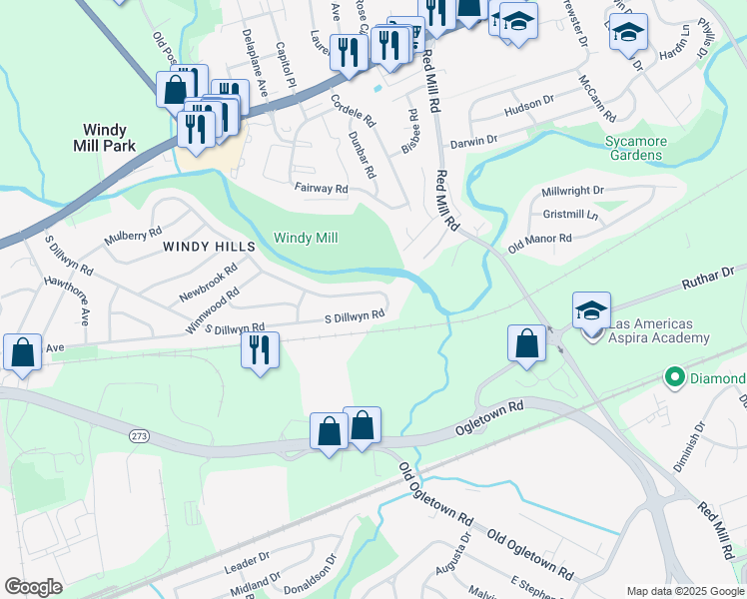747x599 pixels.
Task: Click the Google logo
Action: (33, 587)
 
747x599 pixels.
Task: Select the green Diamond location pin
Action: (674, 377)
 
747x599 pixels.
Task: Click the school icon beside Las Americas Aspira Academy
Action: (591, 310)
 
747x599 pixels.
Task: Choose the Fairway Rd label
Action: (320, 188)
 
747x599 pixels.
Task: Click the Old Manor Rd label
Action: (539, 241)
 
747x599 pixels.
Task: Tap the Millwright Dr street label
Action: (573, 190)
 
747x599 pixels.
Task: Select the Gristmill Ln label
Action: (570, 215)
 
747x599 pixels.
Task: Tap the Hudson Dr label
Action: (529, 102)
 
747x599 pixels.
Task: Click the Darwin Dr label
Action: (473, 142)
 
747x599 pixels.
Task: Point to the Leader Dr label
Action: (247, 564)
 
